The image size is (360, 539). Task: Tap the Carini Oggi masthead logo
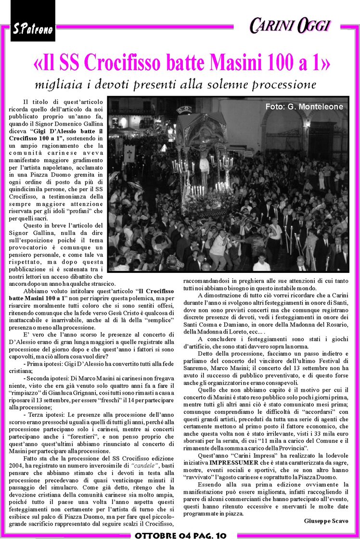coord(290,26)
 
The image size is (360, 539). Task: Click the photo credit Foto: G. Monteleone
coord(304,107)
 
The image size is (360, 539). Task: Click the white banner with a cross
coord(129,154)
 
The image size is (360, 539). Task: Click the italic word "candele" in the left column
coord(146,452)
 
